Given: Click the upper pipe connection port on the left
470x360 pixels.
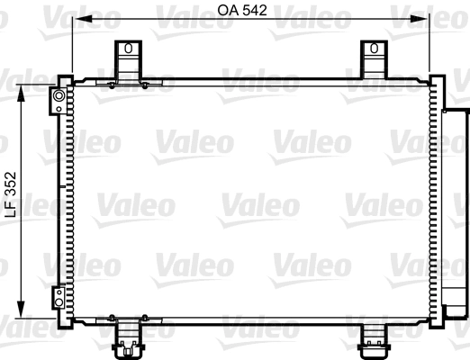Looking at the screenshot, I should [x=59, y=95].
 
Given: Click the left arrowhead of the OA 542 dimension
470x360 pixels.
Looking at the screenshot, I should [x=77, y=19].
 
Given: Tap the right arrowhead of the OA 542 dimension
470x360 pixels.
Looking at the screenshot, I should [x=428, y=19].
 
